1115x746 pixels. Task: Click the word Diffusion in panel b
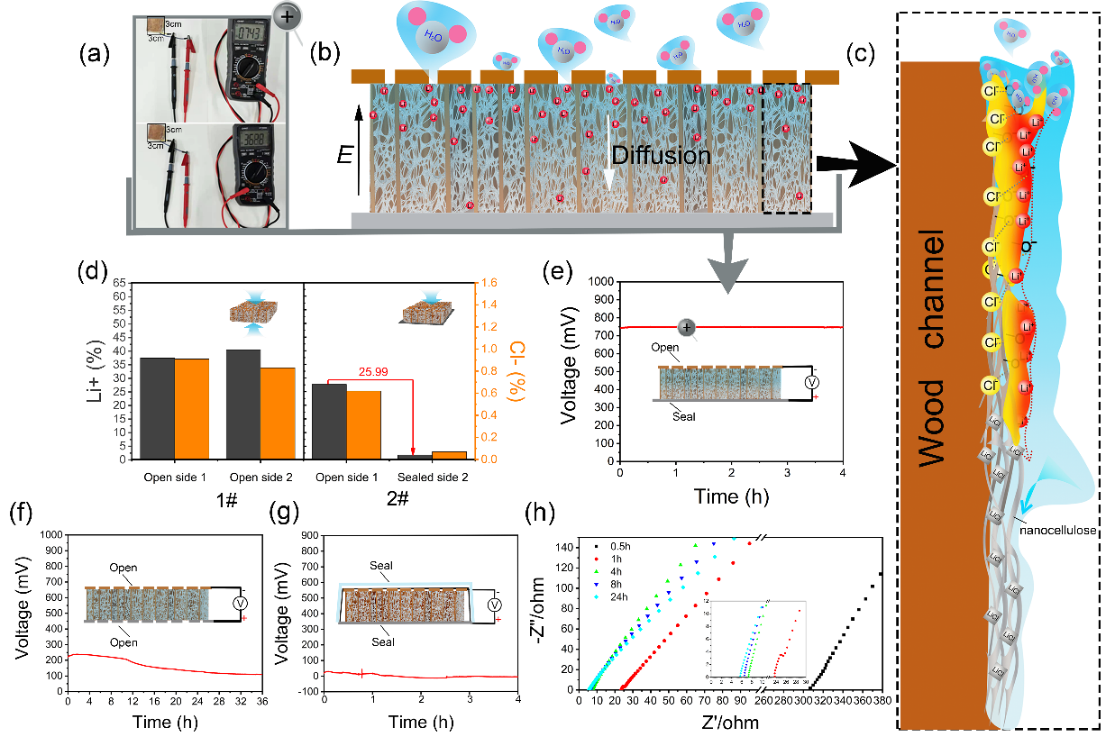[662, 156]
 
